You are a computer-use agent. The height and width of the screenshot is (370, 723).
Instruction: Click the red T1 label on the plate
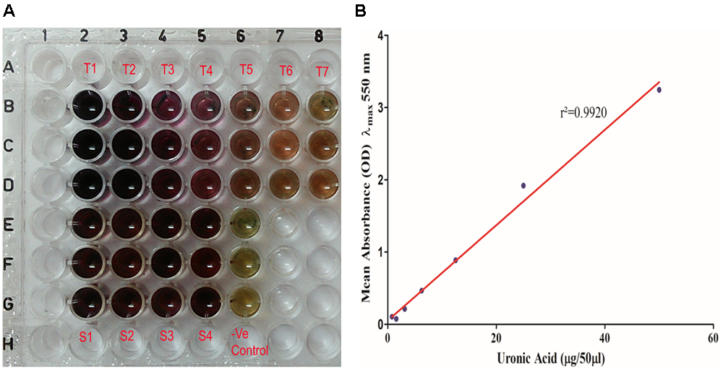click(x=90, y=68)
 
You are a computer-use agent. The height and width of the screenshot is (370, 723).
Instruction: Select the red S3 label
click(x=166, y=335)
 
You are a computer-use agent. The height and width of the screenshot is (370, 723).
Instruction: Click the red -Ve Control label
click(x=247, y=343)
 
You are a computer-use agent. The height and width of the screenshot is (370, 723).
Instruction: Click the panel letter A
click(x=8, y=9)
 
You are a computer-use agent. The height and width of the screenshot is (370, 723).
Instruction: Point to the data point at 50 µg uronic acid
click(x=659, y=90)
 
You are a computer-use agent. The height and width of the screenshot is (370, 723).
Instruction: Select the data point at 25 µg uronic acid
click(x=523, y=185)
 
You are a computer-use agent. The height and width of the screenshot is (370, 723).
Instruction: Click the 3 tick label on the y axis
click(x=378, y=107)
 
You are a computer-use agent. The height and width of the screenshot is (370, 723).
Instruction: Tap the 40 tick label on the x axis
click(x=604, y=338)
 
